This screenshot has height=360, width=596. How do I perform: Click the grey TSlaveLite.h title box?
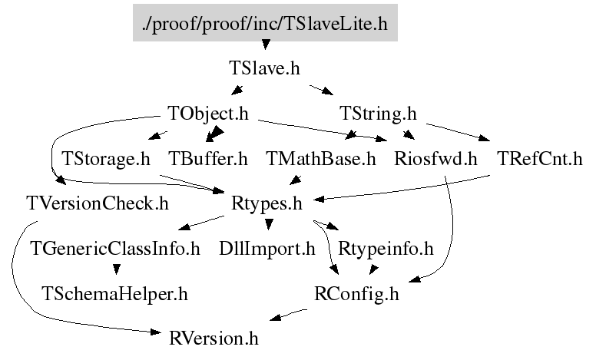tap(265, 23)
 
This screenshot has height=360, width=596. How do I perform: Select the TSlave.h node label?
tap(264, 68)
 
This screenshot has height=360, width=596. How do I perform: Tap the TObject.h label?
tap(208, 114)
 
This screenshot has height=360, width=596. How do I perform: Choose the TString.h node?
tap(378, 114)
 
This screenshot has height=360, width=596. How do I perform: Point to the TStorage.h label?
tap(106, 159)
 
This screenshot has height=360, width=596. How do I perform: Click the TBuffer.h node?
tap(207, 159)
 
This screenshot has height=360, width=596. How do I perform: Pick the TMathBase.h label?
tap(321, 159)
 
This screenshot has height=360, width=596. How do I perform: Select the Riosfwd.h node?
tap(435, 159)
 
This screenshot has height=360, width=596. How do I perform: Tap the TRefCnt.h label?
tap(540, 159)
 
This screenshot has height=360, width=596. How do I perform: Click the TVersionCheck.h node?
tap(98, 203)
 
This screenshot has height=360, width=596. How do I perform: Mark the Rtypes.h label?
tap(267, 203)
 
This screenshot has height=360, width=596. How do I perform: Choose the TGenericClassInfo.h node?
tap(114, 249)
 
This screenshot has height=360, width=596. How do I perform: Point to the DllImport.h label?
tap(267, 249)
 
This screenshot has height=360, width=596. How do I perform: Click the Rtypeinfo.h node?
tap(386, 249)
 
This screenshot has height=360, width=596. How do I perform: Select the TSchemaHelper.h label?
tap(114, 294)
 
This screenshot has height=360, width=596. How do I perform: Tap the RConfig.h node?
tap(356, 294)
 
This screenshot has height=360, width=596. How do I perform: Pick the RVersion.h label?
tap(214, 339)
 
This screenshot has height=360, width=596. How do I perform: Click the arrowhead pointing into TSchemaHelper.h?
tap(117, 269)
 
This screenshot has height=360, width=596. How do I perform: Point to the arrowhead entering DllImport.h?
tap(269, 224)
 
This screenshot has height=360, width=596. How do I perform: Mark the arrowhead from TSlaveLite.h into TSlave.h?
tap(266, 45)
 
